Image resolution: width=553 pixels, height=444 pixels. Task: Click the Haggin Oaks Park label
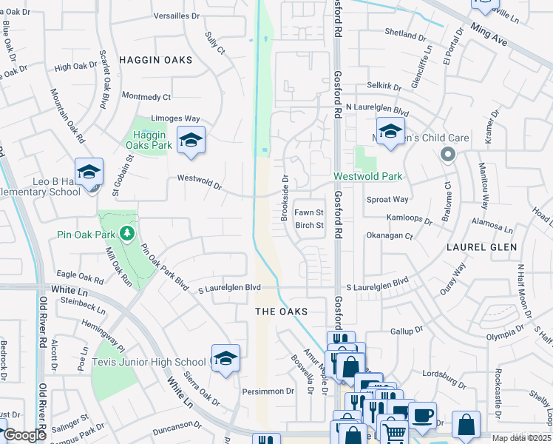153,140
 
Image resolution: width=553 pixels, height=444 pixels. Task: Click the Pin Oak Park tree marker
127,234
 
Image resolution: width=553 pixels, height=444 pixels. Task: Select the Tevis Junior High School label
149,362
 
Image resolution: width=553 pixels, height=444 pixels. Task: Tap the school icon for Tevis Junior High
225,358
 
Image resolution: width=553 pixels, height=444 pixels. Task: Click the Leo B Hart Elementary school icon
89,172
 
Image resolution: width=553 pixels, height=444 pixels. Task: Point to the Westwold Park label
367,176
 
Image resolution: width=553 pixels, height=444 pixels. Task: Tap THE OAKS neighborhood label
280,312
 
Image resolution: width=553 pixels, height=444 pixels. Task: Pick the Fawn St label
309,212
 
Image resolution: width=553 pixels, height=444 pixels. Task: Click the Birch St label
309,225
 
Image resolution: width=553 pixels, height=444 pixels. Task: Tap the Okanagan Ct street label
389,235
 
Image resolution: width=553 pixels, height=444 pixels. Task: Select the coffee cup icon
423,414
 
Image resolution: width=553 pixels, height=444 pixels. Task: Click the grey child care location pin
447,154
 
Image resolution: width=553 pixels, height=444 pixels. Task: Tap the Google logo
25,435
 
